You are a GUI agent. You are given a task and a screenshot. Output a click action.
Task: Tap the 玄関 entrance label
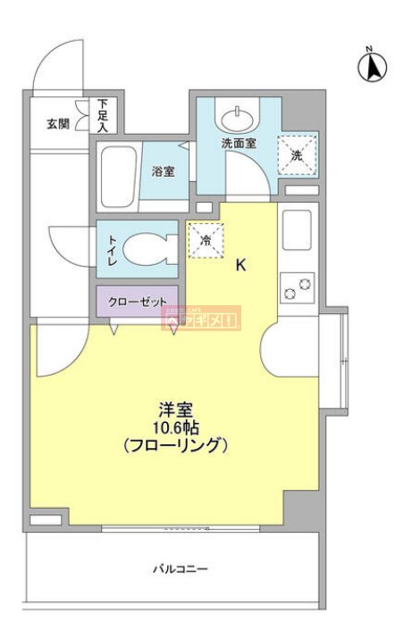(58, 124)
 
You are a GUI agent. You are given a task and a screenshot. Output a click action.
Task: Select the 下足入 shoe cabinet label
(103, 116)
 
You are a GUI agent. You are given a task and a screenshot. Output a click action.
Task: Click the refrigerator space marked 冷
(205, 240)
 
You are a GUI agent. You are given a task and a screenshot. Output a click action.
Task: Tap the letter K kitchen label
(240, 265)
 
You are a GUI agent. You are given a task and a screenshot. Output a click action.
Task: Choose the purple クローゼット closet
(137, 302)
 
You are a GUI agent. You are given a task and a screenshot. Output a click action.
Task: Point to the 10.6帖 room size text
(176, 427)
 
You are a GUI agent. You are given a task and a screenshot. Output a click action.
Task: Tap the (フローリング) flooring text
(176, 445)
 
